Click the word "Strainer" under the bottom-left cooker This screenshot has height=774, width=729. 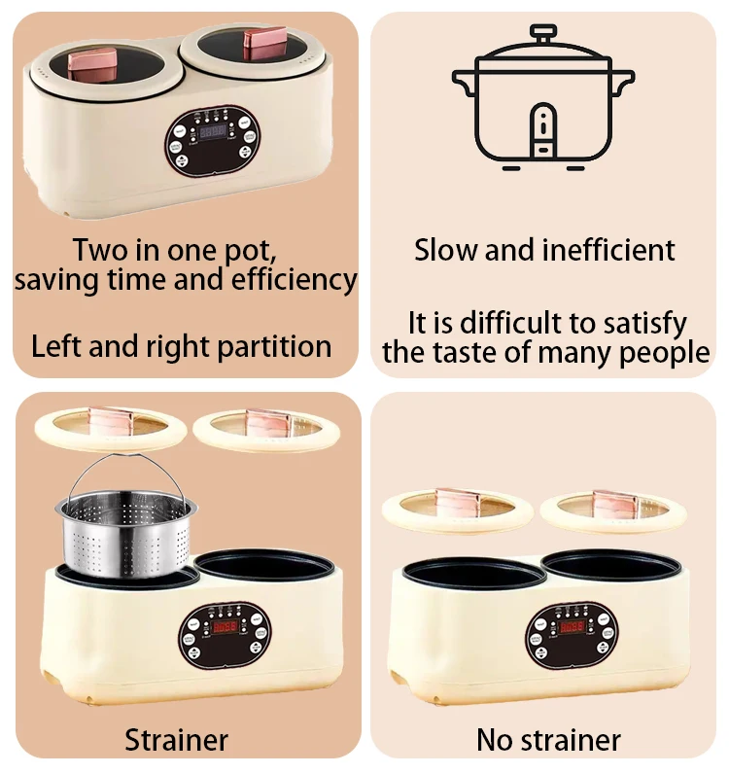pyautogui.click(x=176, y=740)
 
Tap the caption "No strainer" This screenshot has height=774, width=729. pyautogui.click(x=548, y=740)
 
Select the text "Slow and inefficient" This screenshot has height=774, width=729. pyautogui.click(x=544, y=250)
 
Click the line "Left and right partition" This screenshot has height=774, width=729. pyautogui.click(x=182, y=346)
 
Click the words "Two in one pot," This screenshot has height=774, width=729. pyautogui.click(x=175, y=250)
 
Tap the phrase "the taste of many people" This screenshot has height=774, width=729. pyautogui.click(x=545, y=352)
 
